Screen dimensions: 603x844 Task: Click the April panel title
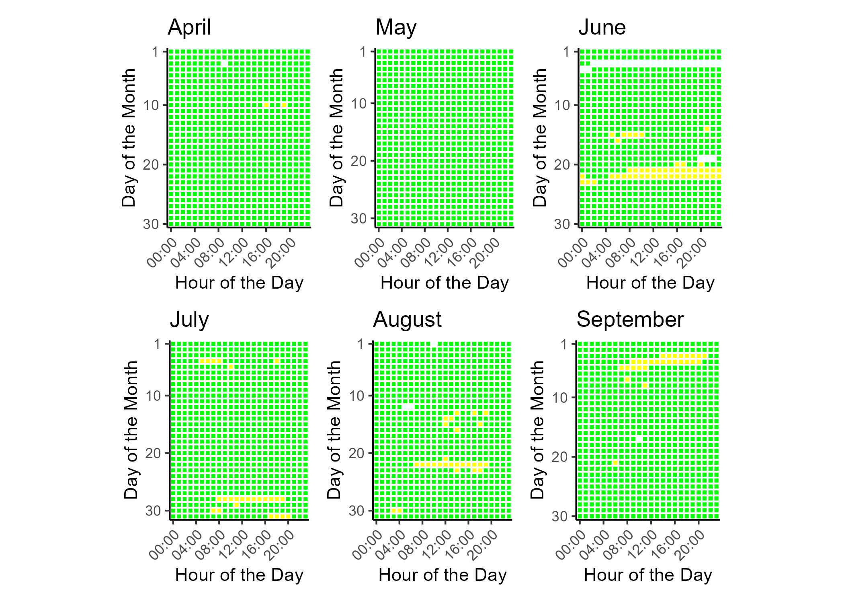point(189,27)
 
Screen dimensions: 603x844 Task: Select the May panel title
point(395,27)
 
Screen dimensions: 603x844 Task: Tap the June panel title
point(602,27)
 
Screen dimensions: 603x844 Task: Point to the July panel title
point(189,320)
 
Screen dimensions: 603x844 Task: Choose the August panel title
point(407,320)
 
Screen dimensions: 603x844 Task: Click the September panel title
point(630,320)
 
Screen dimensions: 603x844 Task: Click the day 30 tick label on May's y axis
point(359,218)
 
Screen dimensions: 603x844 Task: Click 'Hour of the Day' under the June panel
point(650,283)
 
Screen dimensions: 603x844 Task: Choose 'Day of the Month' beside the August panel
point(334,430)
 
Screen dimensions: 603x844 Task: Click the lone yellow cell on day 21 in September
point(615,463)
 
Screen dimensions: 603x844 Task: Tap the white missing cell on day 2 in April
point(224,64)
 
